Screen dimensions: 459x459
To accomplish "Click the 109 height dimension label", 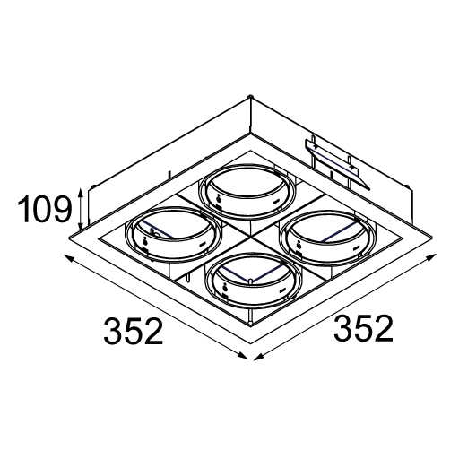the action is [45, 209].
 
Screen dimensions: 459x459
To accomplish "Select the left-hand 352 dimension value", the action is [134, 332].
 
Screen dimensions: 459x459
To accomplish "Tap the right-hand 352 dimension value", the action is [363, 328].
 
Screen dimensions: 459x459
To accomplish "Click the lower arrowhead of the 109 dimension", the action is [80, 226].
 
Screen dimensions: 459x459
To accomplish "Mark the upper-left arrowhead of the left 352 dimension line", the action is [67, 258].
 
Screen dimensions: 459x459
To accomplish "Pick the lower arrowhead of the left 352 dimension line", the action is [243, 356].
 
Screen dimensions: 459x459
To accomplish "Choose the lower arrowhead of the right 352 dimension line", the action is [258, 356].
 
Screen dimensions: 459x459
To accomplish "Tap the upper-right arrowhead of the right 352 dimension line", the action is [432, 256].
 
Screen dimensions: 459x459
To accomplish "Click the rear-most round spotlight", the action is [247, 192].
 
